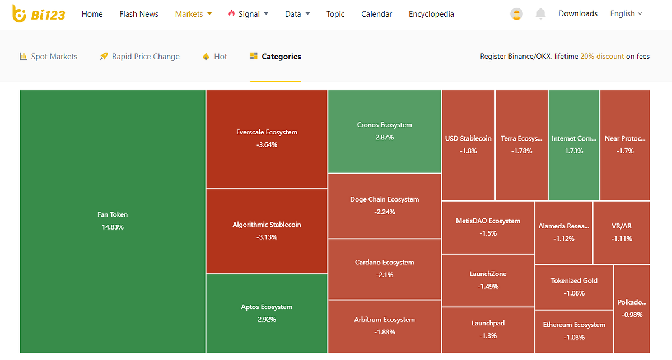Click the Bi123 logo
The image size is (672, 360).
[x=39, y=14]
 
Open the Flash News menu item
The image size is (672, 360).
[x=139, y=14]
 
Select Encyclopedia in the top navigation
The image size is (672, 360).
[x=431, y=14]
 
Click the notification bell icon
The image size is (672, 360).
[x=540, y=14]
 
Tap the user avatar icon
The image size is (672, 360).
[x=516, y=14]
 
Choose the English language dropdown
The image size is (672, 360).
[x=626, y=14]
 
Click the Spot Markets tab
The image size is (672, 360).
[x=49, y=57]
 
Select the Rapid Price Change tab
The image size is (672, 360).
[x=140, y=57]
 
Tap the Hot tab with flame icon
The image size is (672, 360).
[x=215, y=57]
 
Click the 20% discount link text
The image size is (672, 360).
[x=602, y=57]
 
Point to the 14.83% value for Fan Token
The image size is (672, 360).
[x=113, y=227]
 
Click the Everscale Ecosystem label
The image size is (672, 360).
[x=267, y=132]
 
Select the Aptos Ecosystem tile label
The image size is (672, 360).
[x=267, y=307]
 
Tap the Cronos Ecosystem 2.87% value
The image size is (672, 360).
[x=384, y=137]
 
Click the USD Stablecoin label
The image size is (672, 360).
[x=468, y=138]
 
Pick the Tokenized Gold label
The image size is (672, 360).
[x=574, y=280]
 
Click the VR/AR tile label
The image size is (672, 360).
[x=622, y=226]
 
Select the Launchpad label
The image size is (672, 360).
[x=488, y=323]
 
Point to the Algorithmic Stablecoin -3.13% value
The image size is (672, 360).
[x=267, y=237]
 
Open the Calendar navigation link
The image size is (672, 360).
[x=377, y=14]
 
